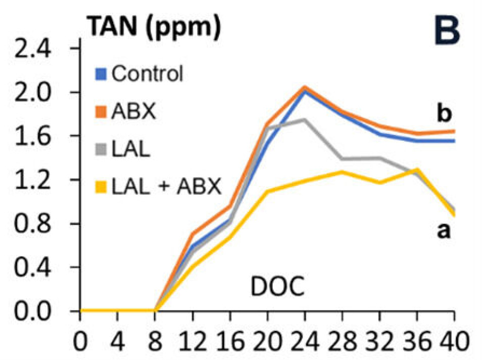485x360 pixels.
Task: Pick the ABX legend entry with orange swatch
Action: (128, 111)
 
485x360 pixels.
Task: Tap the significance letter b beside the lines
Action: (445, 115)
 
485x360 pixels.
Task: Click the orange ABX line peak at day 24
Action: (305, 87)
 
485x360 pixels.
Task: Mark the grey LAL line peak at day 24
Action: (304, 119)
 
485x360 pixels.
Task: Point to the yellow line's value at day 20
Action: (267, 191)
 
